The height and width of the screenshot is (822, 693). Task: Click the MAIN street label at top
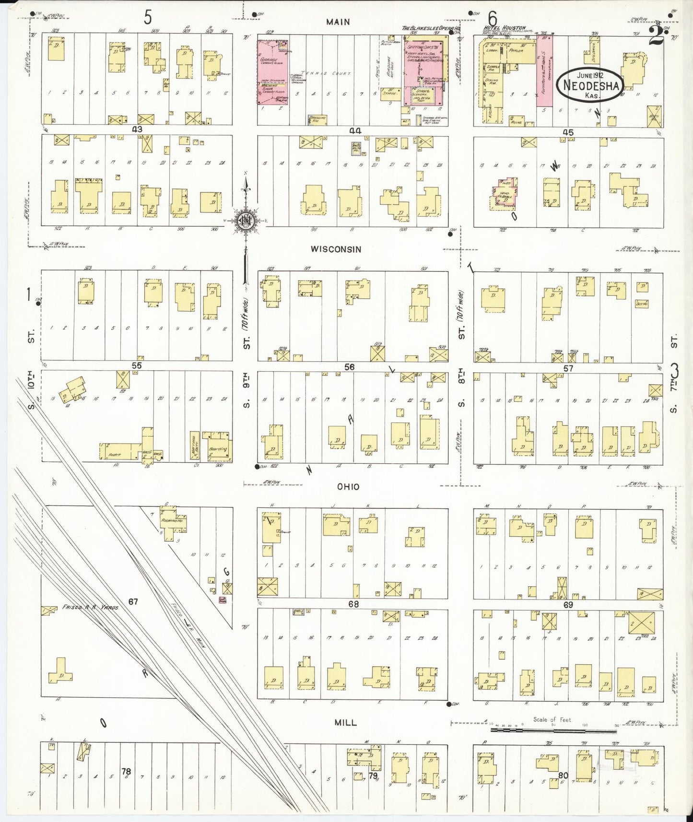pos(338,22)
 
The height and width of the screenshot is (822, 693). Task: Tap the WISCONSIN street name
pos(336,249)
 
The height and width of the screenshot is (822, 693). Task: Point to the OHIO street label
pos(348,486)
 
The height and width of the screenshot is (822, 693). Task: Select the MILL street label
pos(346,722)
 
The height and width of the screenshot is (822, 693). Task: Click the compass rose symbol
pos(246,221)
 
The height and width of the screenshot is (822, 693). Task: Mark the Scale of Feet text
pos(552,719)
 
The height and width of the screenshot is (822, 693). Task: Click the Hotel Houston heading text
pos(505,28)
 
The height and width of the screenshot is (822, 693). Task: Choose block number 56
pos(349,367)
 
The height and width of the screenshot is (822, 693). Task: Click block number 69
pos(568,605)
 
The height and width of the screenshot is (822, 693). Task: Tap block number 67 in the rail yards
pos(133,601)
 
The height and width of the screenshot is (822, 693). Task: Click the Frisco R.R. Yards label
pos(90,607)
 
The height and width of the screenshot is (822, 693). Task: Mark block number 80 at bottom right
pos(563,775)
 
